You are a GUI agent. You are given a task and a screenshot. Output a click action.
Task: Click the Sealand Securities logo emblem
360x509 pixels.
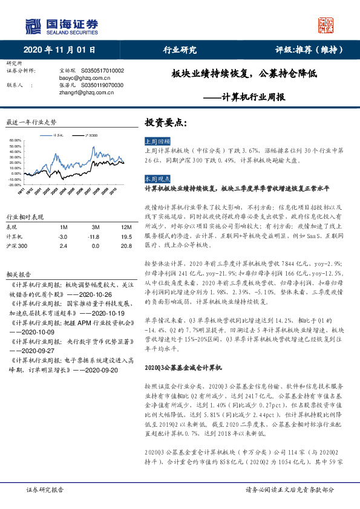pos(33,26)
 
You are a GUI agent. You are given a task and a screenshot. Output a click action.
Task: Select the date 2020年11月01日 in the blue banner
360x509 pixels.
pos(61,51)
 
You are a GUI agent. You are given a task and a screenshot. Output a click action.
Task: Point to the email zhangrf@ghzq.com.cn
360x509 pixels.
pos(84,92)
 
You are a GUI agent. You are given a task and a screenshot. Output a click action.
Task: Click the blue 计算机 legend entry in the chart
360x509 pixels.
pos(57,135)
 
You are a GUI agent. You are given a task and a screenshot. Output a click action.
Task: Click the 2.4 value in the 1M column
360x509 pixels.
pos(62,246)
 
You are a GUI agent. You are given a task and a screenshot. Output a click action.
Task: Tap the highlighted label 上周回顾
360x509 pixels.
pos(156,140)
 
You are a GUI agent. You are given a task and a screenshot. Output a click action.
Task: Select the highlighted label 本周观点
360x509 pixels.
pos(156,180)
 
